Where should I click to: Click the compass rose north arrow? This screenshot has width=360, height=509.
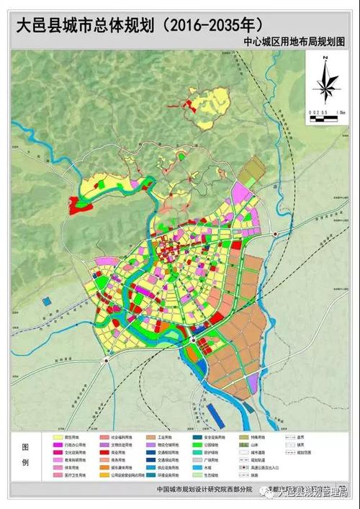click(x=325, y=81)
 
